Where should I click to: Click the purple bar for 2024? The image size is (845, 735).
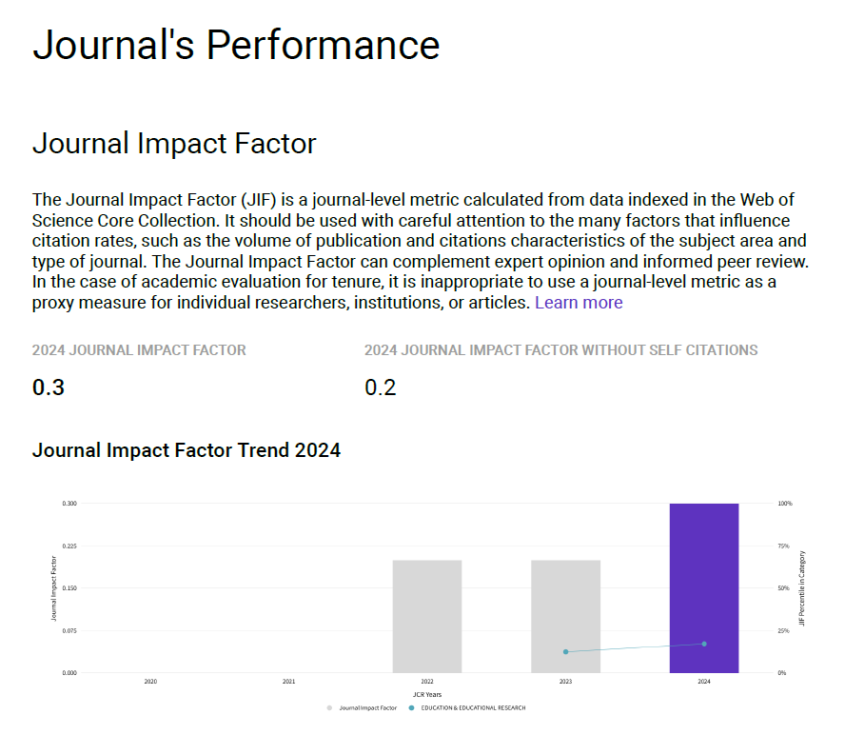coord(703,587)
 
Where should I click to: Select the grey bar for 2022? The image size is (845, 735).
coord(427,616)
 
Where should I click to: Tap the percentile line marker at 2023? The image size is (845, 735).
coord(566,651)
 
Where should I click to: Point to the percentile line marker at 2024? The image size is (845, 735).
coord(704,644)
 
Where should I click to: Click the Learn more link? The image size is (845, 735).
coord(579,303)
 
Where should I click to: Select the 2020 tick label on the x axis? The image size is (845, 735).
coord(150,682)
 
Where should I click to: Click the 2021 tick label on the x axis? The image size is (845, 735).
coord(288,682)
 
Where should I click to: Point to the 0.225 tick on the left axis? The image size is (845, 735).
coord(69,546)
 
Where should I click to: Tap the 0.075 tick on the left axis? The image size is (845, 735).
coord(69,630)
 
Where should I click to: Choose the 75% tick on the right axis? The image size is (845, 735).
coord(784,546)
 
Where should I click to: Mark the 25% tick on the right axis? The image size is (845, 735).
coord(784,630)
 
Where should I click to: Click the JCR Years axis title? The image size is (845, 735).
coord(426,695)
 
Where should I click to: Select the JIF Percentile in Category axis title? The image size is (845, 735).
coord(802,586)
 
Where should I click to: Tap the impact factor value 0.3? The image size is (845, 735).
coord(49,387)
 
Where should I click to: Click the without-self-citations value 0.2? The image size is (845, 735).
coord(381,387)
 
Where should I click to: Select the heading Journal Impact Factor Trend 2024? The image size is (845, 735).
coord(187,450)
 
